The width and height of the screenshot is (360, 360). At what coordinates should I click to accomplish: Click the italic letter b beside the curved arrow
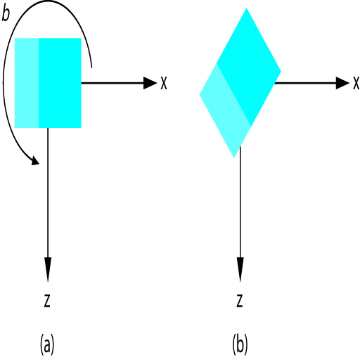(6, 13)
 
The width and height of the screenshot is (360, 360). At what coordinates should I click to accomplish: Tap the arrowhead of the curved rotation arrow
(36, 160)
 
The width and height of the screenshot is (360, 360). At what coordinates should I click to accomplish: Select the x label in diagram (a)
(164, 83)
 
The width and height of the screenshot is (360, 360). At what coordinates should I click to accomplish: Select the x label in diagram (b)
(356, 83)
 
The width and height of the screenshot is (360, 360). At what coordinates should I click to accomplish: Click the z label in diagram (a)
(47, 301)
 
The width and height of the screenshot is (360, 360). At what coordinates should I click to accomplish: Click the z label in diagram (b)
(240, 301)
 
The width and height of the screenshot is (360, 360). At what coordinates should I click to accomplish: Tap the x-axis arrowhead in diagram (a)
(150, 83)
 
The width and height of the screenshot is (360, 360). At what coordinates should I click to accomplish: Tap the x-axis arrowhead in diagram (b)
(342, 83)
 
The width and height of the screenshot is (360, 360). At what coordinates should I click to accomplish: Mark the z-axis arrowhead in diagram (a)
(48, 269)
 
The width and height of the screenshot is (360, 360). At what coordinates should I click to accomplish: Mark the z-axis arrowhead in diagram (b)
(240, 269)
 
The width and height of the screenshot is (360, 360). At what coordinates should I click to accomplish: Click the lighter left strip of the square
(27, 83)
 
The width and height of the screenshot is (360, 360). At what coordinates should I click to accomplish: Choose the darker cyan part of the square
(60, 83)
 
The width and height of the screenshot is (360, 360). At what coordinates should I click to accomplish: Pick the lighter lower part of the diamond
(225, 111)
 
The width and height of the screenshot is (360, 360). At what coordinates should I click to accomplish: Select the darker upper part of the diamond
(249, 67)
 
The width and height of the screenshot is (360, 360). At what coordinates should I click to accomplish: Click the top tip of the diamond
(246, 8)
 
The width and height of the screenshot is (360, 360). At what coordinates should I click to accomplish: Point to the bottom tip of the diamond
(234, 158)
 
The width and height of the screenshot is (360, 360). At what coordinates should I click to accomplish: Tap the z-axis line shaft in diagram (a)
(48, 193)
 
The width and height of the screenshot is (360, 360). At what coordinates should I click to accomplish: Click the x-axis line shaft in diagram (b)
(305, 83)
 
